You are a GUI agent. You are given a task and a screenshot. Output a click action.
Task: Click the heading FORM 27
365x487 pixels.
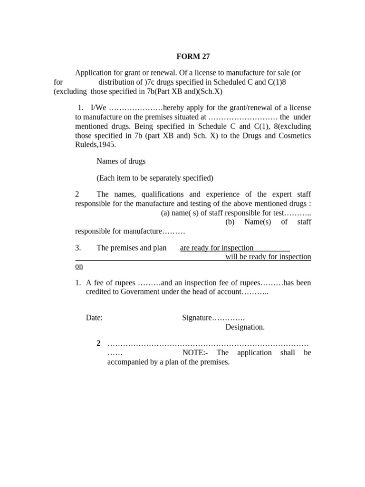tap(193, 56)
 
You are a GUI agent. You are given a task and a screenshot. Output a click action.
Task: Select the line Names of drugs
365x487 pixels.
tap(121, 161)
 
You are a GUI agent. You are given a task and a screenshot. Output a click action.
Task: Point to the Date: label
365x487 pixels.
tap(94, 318)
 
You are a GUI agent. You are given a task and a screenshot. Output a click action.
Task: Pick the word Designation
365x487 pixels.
tap(245, 327)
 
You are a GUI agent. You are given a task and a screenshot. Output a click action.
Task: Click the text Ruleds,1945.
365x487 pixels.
tap(95, 145)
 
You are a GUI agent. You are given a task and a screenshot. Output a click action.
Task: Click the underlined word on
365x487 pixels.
tap(79, 266)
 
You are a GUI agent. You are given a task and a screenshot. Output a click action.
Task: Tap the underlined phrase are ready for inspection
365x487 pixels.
tap(217, 248)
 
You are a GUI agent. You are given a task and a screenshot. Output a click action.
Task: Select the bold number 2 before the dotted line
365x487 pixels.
tap(98, 343)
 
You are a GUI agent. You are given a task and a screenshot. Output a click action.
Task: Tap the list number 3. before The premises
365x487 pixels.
tap(78, 248)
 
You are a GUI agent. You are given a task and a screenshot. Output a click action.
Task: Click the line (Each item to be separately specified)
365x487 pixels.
tap(155, 178)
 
